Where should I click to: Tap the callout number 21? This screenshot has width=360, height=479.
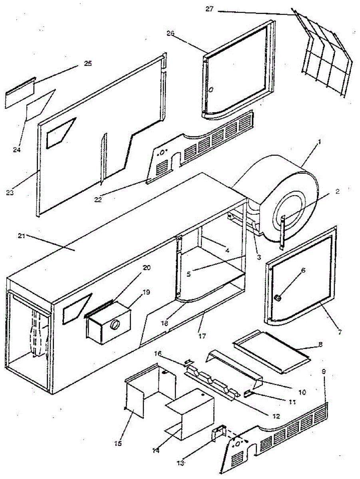click(21, 236)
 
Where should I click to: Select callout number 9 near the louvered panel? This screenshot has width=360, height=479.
click(324, 371)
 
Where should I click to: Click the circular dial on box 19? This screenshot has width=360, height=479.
click(115, 325)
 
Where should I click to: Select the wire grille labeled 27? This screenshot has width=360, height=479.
click(326, 64)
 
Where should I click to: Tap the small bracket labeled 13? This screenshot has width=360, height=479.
click(218, 432)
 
